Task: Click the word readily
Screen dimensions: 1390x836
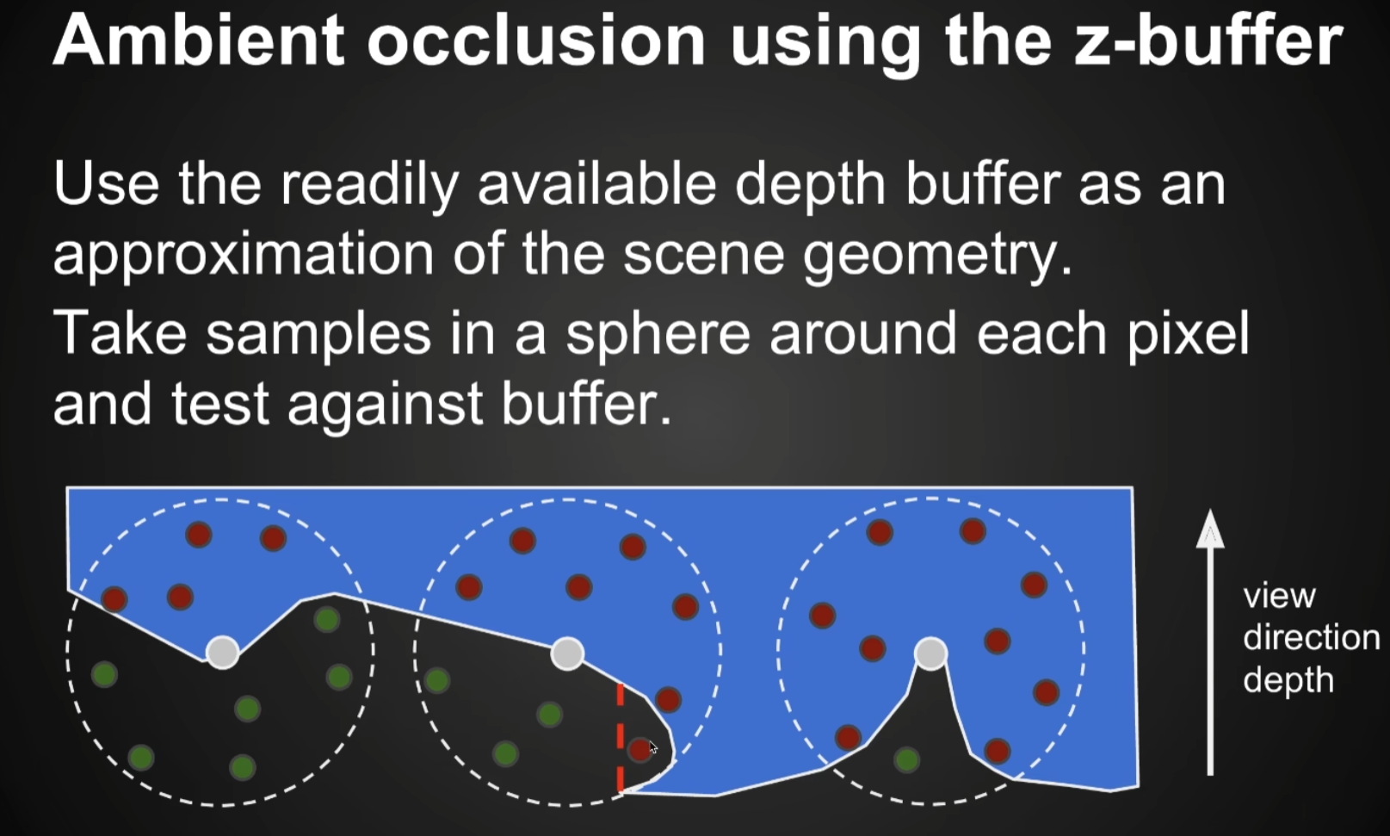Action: (370, 185)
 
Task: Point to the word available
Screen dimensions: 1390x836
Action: (597, 183)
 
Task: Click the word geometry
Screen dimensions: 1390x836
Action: (937, 255)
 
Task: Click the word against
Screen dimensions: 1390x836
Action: (386, 405)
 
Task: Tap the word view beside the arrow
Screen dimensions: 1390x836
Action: (1279, 597)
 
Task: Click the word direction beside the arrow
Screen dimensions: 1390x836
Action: (1311, 637)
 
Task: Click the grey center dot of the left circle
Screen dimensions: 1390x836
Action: (223, 652)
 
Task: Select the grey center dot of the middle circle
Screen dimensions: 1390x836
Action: (567, 653)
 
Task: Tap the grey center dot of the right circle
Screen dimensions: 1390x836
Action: (930, 653)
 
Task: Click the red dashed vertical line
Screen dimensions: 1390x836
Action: (621, 737)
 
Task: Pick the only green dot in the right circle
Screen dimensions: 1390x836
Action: (907, 759)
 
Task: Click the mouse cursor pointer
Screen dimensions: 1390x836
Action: (652, 747)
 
